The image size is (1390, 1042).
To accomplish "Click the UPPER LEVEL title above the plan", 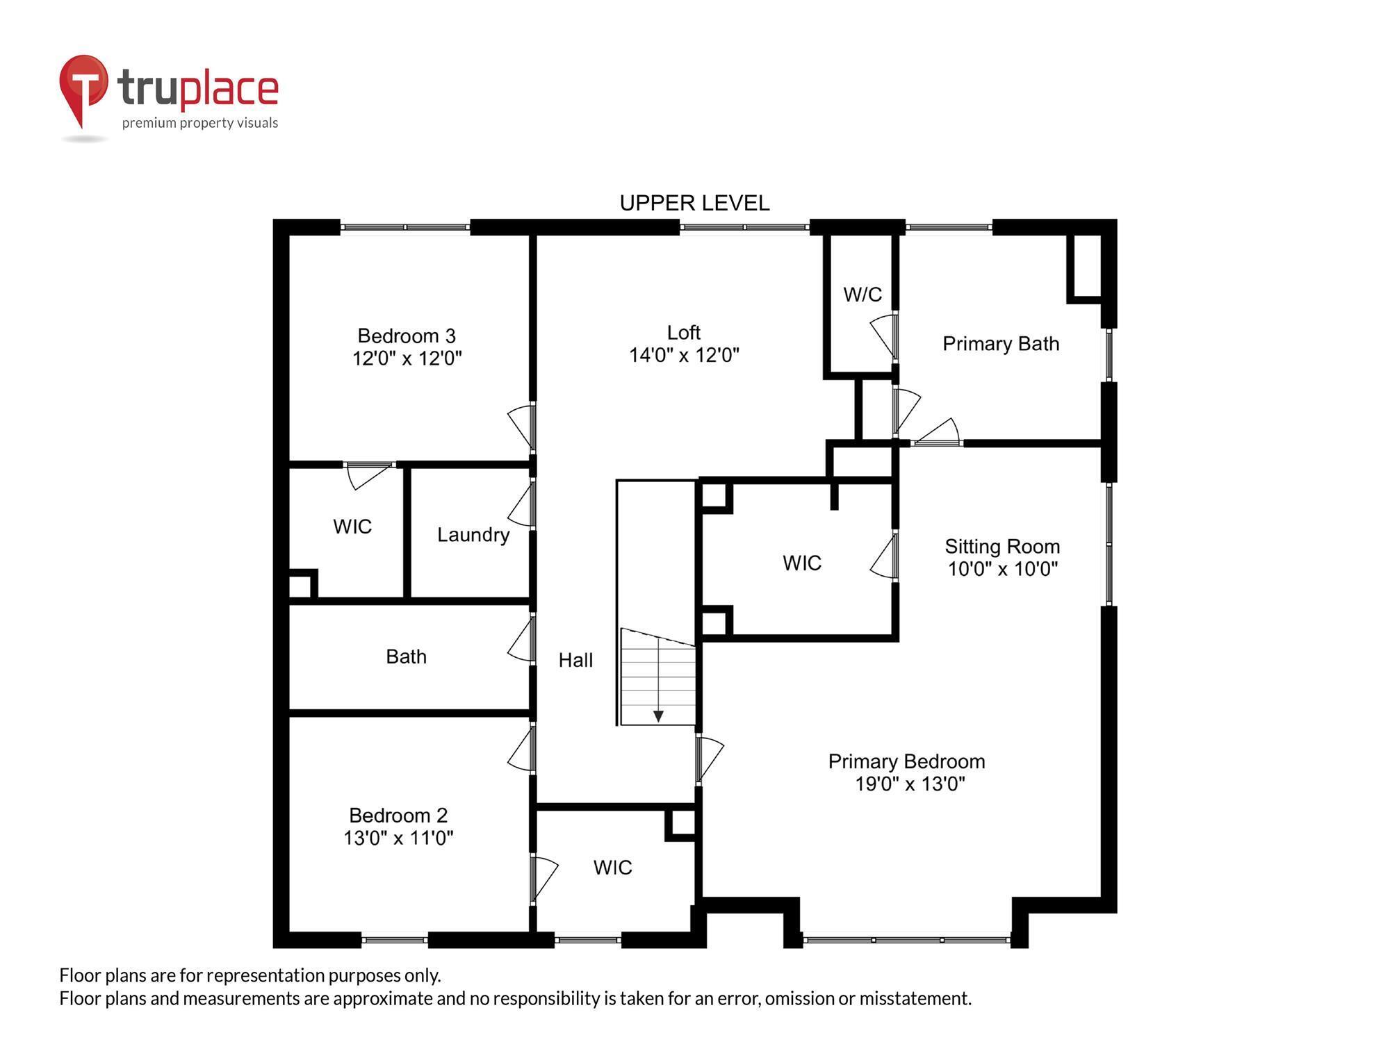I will point(694,203).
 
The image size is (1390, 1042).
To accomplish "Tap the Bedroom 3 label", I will point(407,336).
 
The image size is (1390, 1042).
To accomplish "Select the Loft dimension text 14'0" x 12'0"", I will point(684,356).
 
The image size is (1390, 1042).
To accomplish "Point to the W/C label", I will point(862,295).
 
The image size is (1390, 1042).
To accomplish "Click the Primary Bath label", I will point(1001,344).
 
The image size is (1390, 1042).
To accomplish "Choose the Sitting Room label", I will point(1002,547).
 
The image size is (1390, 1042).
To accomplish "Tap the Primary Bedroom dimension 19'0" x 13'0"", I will point(910,784).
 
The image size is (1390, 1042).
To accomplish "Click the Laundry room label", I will point(473,535).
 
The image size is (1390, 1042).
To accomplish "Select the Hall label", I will point(575,660).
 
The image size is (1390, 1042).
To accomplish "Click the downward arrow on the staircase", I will point(658,716).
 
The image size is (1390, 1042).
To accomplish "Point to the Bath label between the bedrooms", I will point(406,656).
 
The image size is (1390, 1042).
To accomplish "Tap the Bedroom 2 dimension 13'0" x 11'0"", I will point(398,838).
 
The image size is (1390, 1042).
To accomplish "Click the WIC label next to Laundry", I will point(352,527).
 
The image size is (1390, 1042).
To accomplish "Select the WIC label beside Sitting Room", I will point(802,563).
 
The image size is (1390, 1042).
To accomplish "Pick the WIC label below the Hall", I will point(612,868).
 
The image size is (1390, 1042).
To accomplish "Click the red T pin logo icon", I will point(83,87).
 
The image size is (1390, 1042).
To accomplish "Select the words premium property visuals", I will point(200,123).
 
